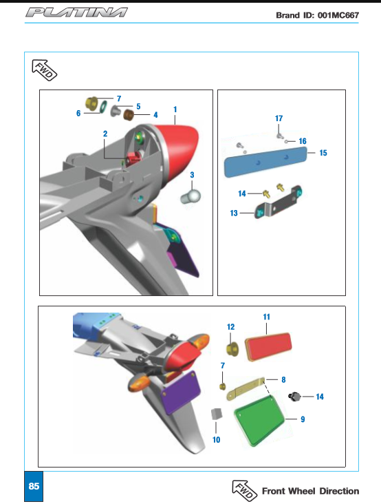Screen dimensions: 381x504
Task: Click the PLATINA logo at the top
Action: pyautogui.click(x=76, y=12)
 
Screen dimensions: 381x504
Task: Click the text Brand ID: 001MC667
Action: pyautogui.click(x=318, y=15)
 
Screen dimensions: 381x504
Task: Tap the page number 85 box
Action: pyautogui.click(x=34, y=486)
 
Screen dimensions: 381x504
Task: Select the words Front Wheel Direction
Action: pyautogui.click(x=310, y=491)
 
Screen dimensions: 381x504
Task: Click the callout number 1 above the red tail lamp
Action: pyautogui.click(x=175, y=109)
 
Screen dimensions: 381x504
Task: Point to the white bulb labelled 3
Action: pyautogui.click(x=190, y=196)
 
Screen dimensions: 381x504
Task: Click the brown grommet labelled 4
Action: pyautogui.click(x=129, y=115)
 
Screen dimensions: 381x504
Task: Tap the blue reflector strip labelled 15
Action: pyautogui.click(x=265, y=162)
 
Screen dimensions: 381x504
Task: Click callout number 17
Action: pyautogui.click(x=279, y=118)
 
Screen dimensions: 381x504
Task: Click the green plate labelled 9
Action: pyautogui.click(x=259, y=421)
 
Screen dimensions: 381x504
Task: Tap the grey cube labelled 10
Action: pyautogui.click(x=217, y=414)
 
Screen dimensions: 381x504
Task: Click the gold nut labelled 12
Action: pyautogui.click(x=232, y=349)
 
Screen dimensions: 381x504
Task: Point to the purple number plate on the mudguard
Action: pyautogui.click(x=180, y=392)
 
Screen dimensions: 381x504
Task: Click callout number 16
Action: pyautogui.click(x=303, y=141)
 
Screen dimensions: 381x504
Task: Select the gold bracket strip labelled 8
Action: pyautogui.click(x=246, y=388)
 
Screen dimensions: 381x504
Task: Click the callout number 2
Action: pyautogui.click(x=105, y=134)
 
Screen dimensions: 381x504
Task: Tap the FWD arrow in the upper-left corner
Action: pyautogui.click(x=44, y=70)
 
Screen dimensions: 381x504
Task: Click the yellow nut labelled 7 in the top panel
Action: pyautogui.click(x=91, y=103)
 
